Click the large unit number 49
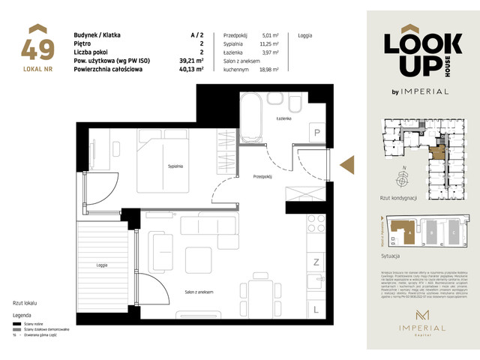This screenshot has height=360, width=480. click(37, 49)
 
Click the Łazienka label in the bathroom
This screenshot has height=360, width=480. click(282, 119)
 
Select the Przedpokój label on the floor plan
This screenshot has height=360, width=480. click(262, 177)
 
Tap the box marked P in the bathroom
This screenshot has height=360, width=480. click(317, 133)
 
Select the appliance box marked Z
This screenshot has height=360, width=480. click(316, 262)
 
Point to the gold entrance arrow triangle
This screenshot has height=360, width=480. click(346, 164)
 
